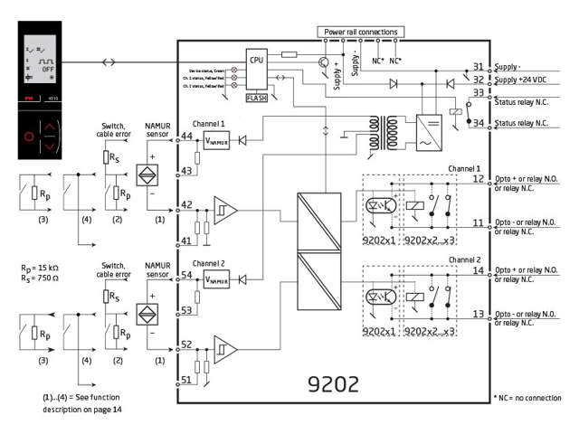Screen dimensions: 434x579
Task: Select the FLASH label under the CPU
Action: (258, 97)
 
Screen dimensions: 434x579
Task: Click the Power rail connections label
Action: (360, 33)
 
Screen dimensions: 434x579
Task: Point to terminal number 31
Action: (478, 68)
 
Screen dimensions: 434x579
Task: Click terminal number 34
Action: (478, 123)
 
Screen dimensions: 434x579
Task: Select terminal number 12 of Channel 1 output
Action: (478, 179)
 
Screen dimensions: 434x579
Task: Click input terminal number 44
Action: (187, 137)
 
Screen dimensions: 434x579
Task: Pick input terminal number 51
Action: (187, 381)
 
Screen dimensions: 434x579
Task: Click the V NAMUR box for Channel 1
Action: (215, 141)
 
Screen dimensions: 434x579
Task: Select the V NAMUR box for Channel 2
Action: (215, 280)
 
